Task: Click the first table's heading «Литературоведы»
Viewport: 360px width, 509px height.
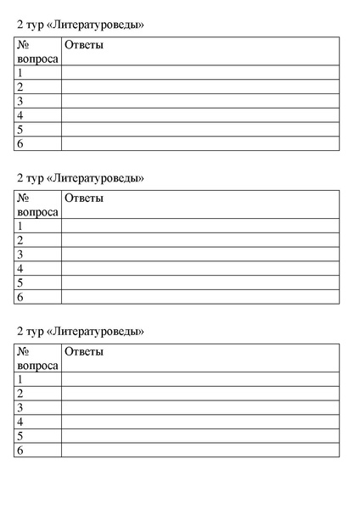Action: point(80,25)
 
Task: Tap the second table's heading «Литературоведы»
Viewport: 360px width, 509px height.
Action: point(80,178)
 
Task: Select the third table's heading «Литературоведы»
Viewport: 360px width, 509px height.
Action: point(80,330)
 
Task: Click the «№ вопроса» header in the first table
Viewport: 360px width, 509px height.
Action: point(37,53)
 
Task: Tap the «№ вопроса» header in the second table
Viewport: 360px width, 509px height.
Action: point(37,205)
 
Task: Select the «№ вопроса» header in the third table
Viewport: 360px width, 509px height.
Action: point(37,358)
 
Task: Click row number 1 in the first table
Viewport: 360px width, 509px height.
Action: point(20,73)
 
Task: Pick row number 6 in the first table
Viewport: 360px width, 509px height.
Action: point(20,144)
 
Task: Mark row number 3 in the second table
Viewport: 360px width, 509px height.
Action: point(20,255)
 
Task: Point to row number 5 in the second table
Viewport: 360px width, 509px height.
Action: point(20,282)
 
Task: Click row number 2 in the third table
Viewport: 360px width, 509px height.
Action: point(20,394)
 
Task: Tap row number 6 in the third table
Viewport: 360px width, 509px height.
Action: point(20,450)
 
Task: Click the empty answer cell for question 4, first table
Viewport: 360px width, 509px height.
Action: point(200,115)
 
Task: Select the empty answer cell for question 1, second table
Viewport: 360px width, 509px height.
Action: point(200,226)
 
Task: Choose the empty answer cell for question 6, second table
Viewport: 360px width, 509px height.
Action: point(200,297)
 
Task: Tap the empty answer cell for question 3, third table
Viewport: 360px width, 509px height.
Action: point(200,408)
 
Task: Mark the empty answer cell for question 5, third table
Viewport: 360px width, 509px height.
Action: point(200,436)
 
